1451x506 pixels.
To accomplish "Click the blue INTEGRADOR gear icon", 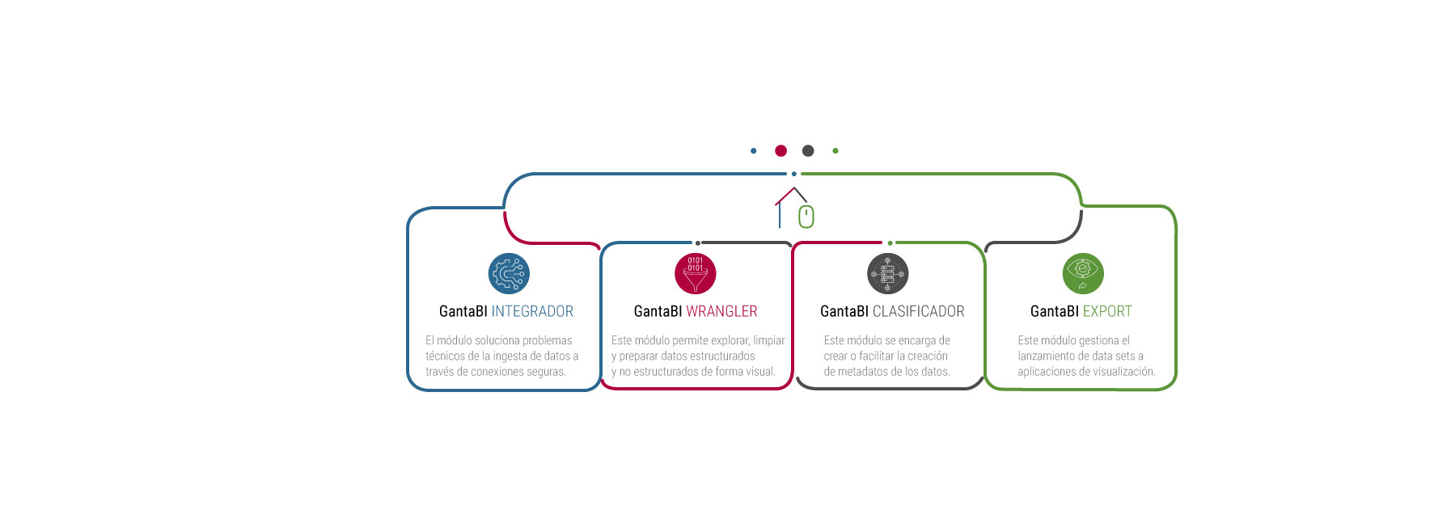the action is click(x=509, y=273).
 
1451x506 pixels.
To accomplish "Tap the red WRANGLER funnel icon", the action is click(x=696, y=273).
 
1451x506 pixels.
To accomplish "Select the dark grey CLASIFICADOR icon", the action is click(x=888, y=273).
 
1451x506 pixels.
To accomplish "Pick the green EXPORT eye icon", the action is click(x=1083, y=273).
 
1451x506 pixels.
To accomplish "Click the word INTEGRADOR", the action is click(x=532, y=311).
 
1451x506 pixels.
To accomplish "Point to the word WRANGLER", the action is click(x=721, y=311).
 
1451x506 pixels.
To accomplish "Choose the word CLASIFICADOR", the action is click(x=918, y=311).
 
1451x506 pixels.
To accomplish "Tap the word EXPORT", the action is click(x=1107, y=311).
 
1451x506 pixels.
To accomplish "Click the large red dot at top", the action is click(x=780, y=150).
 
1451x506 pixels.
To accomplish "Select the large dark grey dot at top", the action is click(x=808, y=150).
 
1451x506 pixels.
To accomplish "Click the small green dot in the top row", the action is click(x=835, y=150).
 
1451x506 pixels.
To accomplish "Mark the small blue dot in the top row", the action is click(x=754, y=150).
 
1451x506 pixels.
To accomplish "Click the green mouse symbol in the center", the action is click(x=806, y=217).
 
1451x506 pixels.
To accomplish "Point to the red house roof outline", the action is click(x=790, y=196).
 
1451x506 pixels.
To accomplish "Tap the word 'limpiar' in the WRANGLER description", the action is click(x=769, y=340).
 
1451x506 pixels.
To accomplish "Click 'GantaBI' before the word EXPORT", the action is click(x=1055, y=311).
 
